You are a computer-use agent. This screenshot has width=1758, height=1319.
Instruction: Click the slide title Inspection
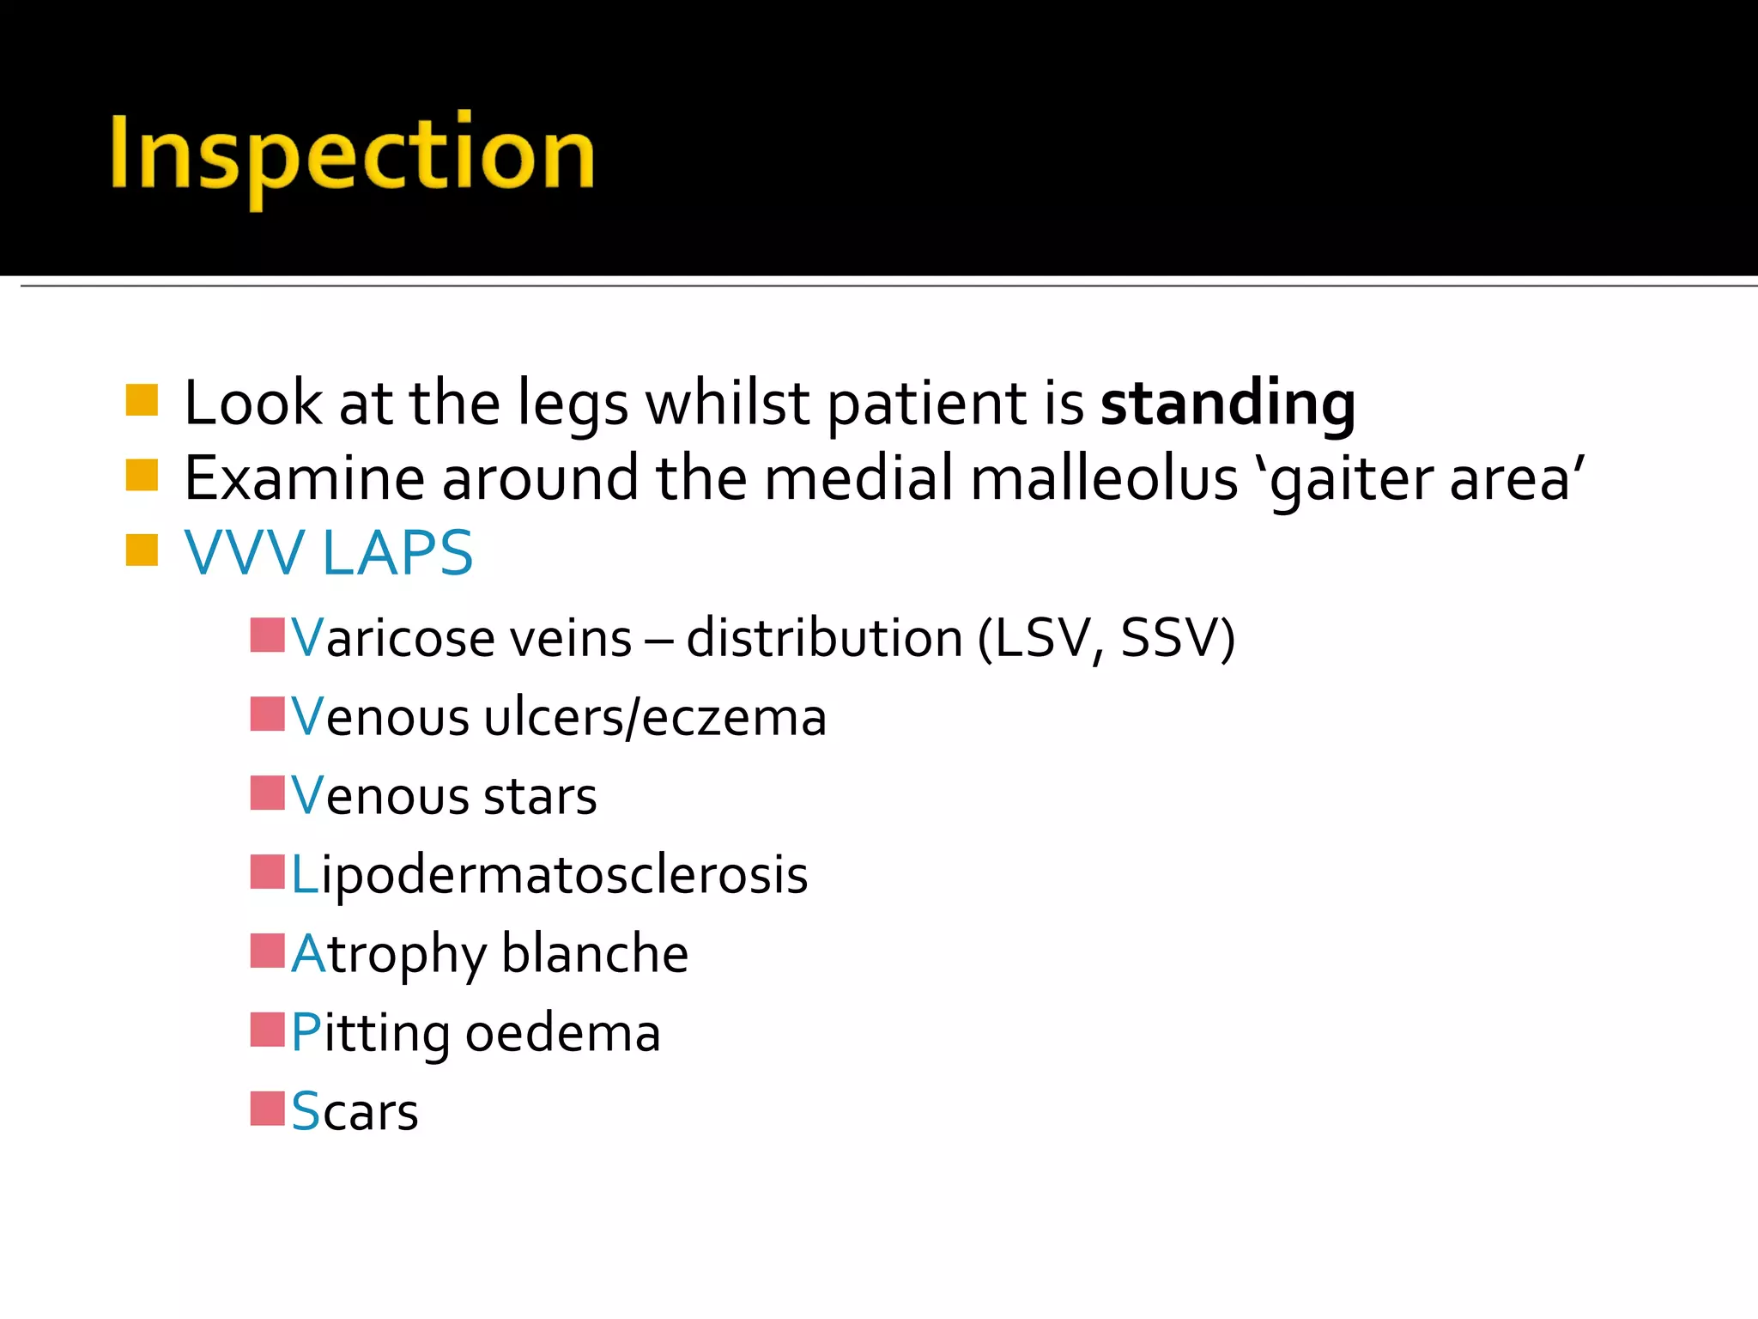click(x=352, y=155)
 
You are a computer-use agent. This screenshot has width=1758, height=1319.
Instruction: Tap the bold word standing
click(x=1228, y=404)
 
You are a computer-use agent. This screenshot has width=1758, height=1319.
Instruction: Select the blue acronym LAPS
click(x=397, y=553)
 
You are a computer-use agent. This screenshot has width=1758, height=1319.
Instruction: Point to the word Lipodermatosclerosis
click(x=549, y=876)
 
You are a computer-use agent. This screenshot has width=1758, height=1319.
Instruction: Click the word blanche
click(x=594, y=954)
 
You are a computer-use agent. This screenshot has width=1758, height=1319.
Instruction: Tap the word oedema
click(x=562, y=1033)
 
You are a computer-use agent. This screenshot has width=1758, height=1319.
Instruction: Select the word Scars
click(x=355, y=1112)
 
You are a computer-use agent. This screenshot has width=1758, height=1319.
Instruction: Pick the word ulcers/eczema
click(x=655, y=718)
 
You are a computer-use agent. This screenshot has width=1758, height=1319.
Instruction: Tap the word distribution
click(x=824, y=639)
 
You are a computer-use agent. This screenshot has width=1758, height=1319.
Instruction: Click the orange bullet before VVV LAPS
click(x=142, y=550)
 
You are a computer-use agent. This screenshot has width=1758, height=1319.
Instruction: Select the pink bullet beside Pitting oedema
click(x=267, y=1030)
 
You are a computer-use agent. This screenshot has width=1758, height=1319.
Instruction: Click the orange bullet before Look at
click(x=142, y=400)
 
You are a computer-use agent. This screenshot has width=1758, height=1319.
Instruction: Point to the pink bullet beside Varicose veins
click(x=267, y=635)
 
